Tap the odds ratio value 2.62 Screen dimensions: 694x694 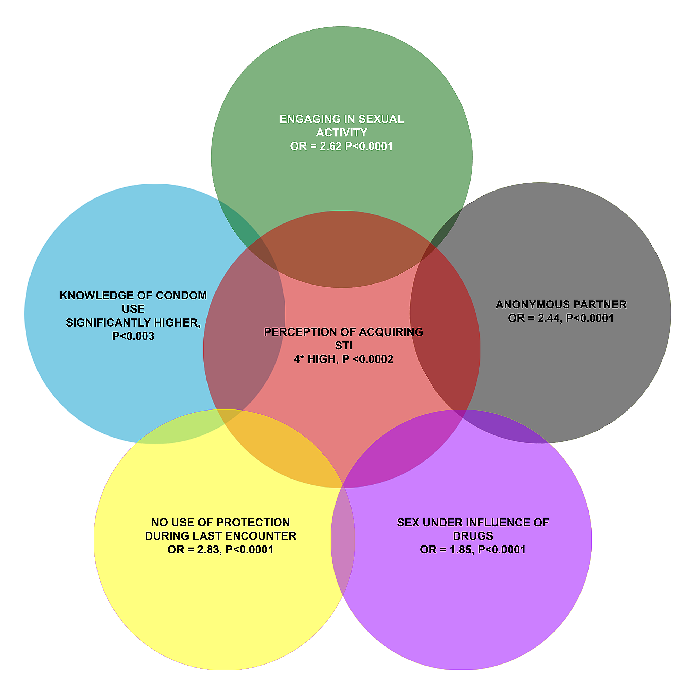click(x=331, y=146)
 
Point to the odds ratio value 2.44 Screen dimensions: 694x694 click(x=549, y=318)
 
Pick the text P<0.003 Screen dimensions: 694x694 click(x=133, y=336)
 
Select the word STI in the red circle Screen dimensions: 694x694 click(x=344, y=346)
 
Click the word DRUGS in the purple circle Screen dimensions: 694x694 click(x=473, y=536)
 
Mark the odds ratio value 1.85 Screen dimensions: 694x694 click(x=462, y=550)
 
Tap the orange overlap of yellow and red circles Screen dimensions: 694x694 click(x=284, y=449)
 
